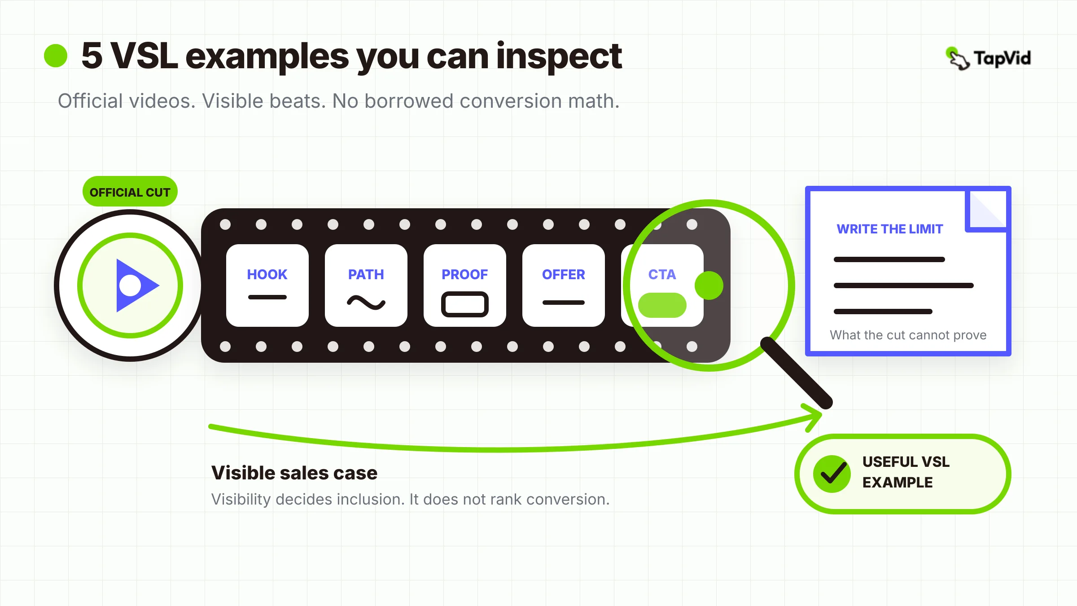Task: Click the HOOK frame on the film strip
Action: coord(267,285)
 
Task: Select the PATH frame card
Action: coord(366,285)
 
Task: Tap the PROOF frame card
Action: coord(465,285)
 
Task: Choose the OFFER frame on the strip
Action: coord(564,285)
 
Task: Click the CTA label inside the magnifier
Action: coord(662,274)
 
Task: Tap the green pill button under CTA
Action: coord(662,305)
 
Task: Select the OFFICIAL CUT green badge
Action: coord(130,192)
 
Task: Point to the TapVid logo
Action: coord(988,58)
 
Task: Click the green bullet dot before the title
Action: coord(56,56)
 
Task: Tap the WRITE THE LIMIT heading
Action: coord(890,229)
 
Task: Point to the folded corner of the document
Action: coord(987,210)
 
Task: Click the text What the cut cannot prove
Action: coord(908,335)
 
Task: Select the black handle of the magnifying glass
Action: coord(796,373)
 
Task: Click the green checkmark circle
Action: coord(832,474)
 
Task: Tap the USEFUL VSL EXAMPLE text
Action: coord(906,472)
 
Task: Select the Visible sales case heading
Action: coord(294,473)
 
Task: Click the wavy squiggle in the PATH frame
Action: coord(366,303)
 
